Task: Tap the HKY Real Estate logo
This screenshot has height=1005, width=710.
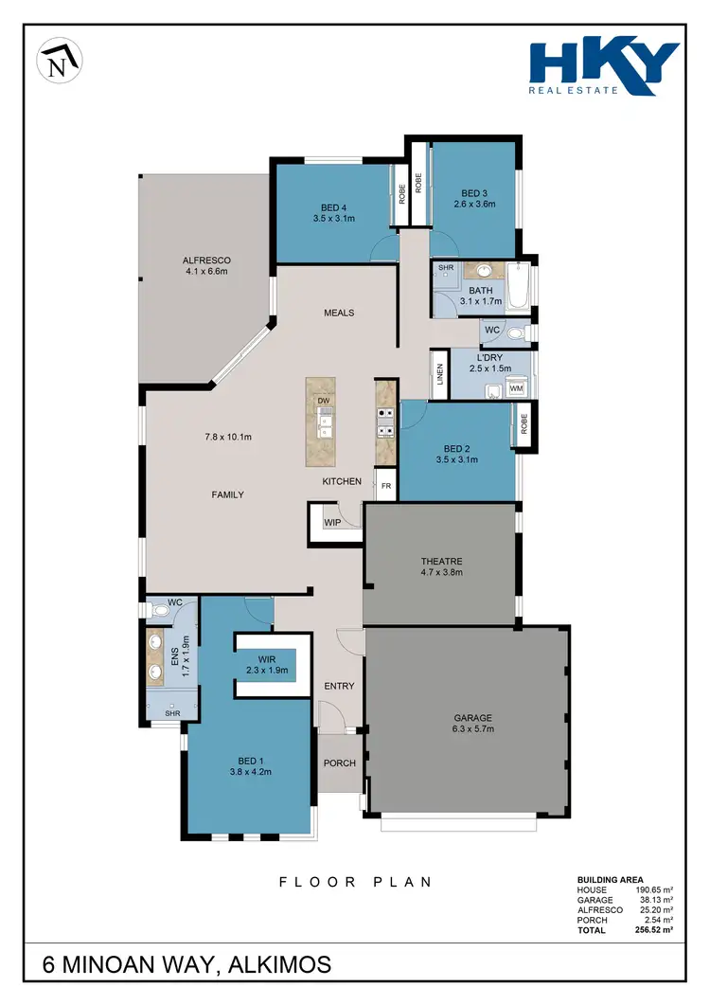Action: tap(604, 67)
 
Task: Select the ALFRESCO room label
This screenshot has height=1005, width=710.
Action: tap(206, 260)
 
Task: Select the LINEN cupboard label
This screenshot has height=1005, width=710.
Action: tap(439, 375)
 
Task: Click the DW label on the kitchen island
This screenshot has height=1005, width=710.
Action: tap(323, 401)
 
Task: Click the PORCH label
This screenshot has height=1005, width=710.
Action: tap(339, 764)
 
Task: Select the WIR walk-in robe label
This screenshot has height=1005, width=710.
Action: tap(269, 658)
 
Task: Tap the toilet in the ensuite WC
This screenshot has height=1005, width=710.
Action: tap(160, 611)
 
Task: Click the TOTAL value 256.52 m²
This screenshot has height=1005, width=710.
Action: tap(653, 930)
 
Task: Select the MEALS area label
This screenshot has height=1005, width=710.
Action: tap(339, 313)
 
